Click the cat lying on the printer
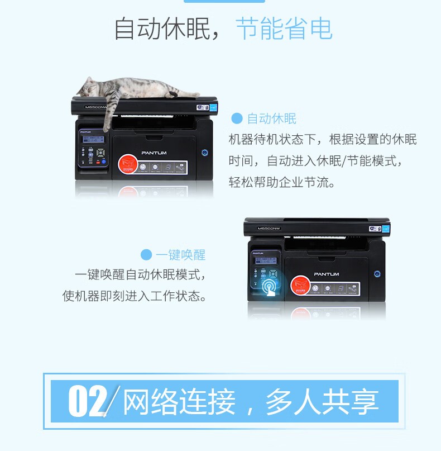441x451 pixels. [x=134, y=90]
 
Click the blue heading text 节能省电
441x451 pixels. [x=284, y=29]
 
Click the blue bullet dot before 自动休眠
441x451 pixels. [x=237, y=118]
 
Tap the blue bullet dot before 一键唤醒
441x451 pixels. [x=146, y=255]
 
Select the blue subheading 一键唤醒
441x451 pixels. [x=180, y=255]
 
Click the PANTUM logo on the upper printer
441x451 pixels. [x=154, y=153]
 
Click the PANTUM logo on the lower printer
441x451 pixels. [x=326, y=274]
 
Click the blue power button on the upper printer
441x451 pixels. [x=204, y=152]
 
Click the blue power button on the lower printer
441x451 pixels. [x=377, y=274]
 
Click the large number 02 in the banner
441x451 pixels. [x=87, y=401]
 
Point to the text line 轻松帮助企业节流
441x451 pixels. [x=282, y=182]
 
